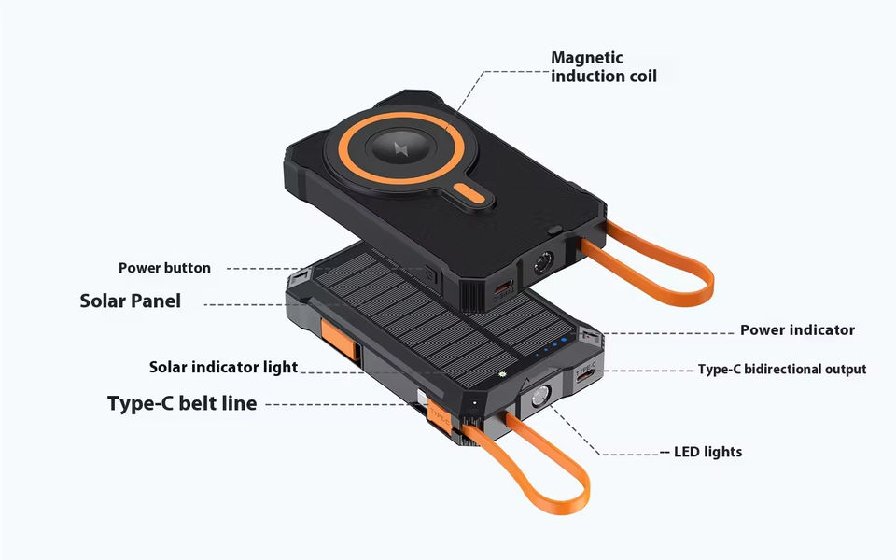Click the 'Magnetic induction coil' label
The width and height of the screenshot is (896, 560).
tap(603, 67)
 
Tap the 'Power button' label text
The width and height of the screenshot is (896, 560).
tap(164, 268)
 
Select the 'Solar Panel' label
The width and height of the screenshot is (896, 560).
tap(130, 301)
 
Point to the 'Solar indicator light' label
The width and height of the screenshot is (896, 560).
tap(223, 367)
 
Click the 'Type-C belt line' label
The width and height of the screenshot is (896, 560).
tap(181, 404)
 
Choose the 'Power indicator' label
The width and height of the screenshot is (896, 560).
tap(797, 329)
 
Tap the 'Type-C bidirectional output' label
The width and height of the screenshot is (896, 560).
tap(781, 370)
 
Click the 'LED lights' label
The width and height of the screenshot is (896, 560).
tap(707, 452)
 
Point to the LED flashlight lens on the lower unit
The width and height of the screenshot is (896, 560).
tap(539, 401)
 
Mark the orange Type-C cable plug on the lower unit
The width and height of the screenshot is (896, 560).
tap(438, 412)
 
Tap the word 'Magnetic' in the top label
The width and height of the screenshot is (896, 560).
tap(586, 58)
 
